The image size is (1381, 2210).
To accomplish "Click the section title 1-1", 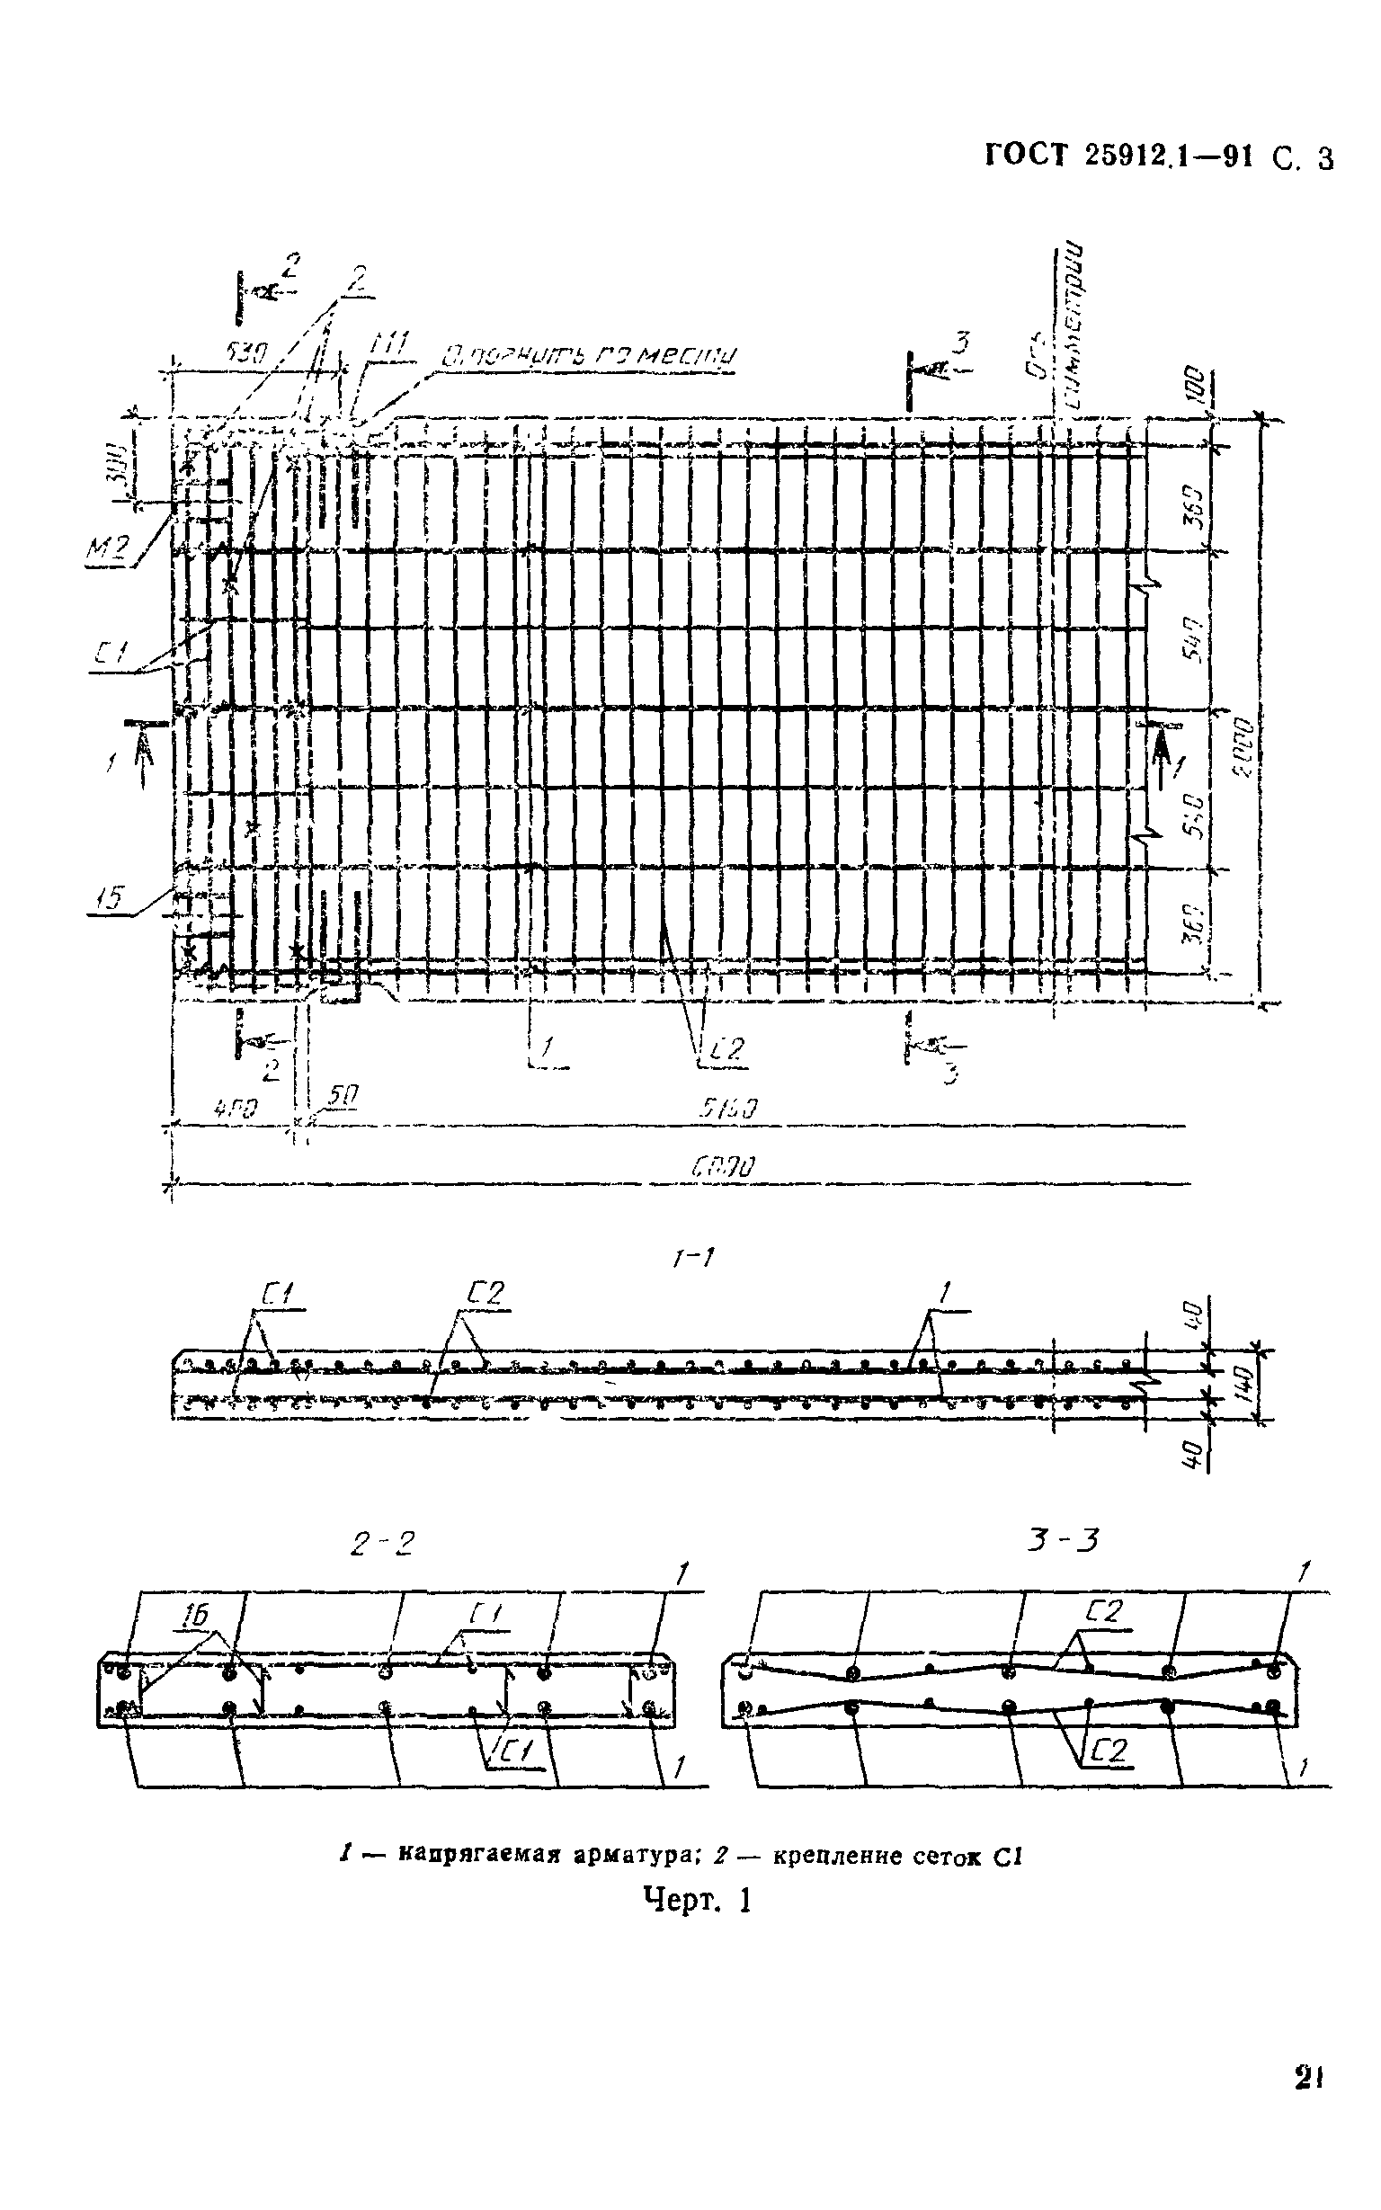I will pyautogui.click(x=691, y=1259).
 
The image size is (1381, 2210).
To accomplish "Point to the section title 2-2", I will pyautogui.click(x=382, y=1545).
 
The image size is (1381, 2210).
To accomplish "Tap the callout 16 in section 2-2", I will pyautogui.click(x=193, y=1616).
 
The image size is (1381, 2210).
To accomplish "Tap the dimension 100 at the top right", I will pyautogui.click(x=1198, y=388).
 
